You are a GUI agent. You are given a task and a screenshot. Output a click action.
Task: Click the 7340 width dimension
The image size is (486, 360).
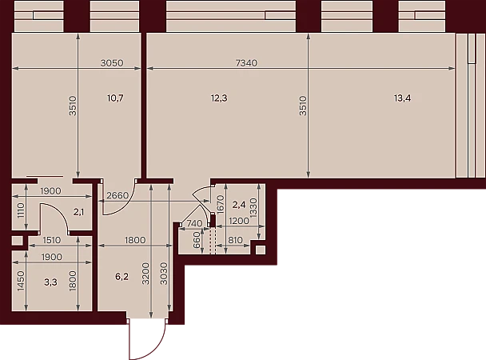[246, 63]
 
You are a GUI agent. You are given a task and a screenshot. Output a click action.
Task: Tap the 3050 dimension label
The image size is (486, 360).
[112, 63]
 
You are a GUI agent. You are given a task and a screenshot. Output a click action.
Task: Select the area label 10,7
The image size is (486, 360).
[115, 98]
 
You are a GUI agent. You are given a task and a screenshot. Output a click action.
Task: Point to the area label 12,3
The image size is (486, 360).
[219, 98]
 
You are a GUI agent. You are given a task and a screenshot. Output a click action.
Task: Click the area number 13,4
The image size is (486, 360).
[403, 98]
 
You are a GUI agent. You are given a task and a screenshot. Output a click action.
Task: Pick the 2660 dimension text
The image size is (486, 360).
[118, 196]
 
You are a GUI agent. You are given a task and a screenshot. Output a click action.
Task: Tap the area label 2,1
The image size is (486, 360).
[78, 213]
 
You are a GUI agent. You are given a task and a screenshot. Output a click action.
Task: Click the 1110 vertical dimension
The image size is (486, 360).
[21, 210]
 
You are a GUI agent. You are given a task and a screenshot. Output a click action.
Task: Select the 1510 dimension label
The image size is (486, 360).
[52, 240]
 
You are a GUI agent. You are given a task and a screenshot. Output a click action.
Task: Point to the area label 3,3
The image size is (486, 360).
[50, 282]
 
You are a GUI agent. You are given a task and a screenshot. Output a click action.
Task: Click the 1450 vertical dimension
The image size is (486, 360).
[21, 281]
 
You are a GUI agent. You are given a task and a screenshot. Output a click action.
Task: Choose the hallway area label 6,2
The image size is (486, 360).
[121, 277]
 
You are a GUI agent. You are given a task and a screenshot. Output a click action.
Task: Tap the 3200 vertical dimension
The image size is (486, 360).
[145, 274]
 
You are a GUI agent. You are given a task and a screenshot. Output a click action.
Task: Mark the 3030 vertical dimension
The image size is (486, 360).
[164, 274]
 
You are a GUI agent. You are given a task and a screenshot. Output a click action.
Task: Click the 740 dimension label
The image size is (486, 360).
[195, 223]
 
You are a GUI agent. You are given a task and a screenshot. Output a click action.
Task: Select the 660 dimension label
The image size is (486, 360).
[197, 239]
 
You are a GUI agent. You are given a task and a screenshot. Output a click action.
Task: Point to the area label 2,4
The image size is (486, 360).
[239, 205]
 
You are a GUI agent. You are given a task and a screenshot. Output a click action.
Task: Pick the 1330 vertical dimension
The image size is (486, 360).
[253, 208]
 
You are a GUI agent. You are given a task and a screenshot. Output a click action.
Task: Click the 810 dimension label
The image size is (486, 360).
[235, 240]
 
